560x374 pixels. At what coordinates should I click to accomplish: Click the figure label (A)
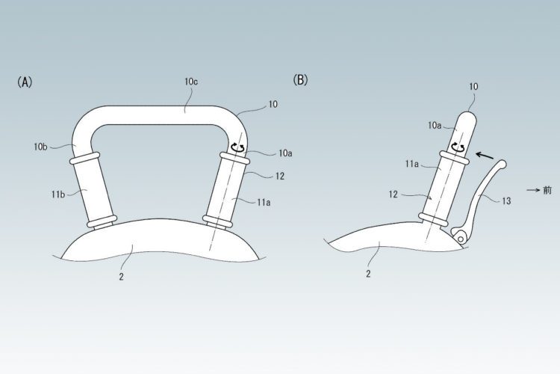tap(25, 82)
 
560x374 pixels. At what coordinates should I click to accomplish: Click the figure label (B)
tap(300, 80)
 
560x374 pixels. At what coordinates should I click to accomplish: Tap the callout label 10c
tap(191, 82)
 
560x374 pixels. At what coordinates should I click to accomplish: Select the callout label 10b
tap(41, 147)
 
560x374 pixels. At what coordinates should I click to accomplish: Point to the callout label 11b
tap(57, 194)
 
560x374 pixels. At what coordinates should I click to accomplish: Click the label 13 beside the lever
tap(506, 201)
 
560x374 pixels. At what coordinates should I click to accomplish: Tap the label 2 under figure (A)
tap(122, 277)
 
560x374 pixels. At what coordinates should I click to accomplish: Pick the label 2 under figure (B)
tap(368, 274)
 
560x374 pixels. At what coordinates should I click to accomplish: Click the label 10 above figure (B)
tap(473, 87)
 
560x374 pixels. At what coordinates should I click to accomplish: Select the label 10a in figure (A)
tap(285, 153)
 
